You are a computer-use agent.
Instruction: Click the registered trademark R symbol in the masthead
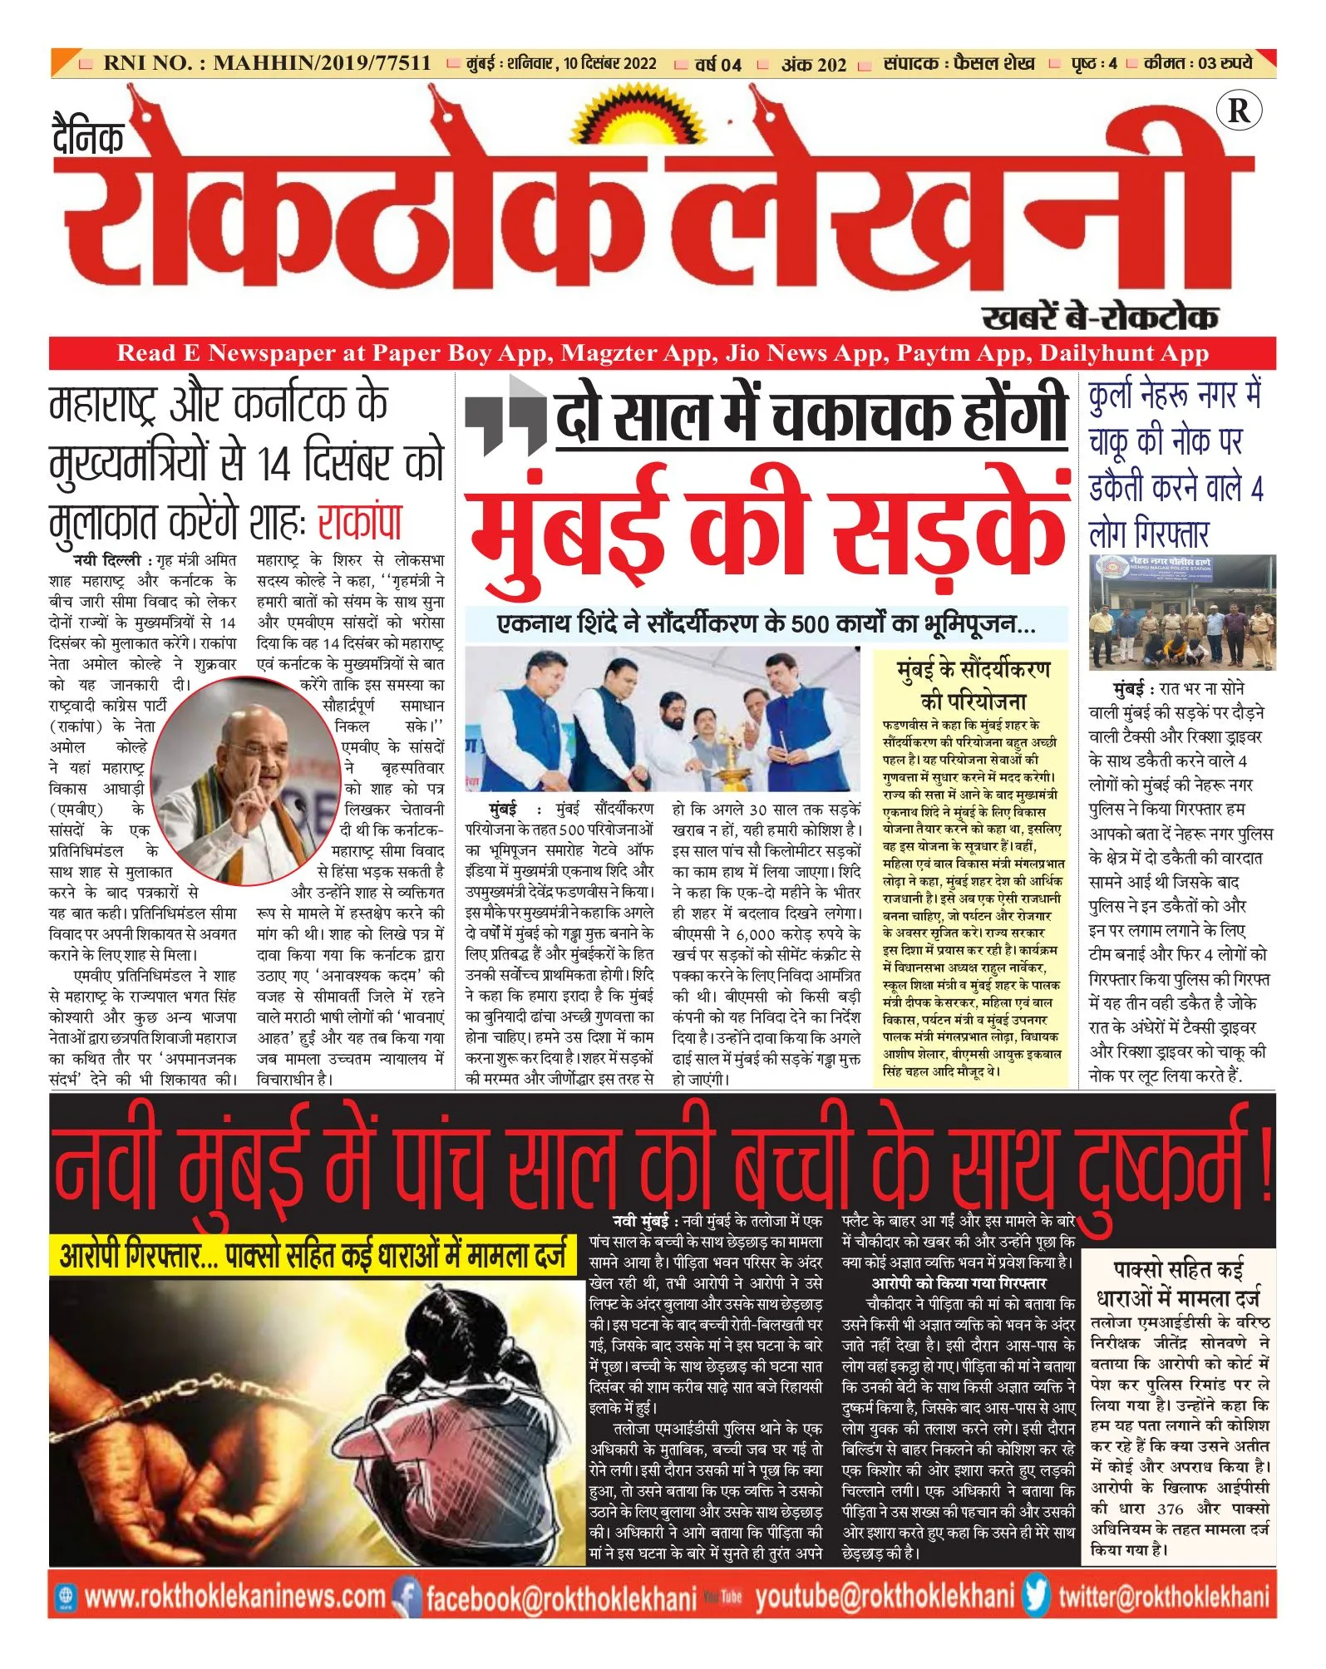click(x=1238, y=111)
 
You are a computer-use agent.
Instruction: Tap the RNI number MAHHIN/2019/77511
click(x=322, y=63)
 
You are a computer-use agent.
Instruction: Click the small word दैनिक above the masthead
click(x=88, y=137)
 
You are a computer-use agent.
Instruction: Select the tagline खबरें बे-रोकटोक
click(x=1099, y=317)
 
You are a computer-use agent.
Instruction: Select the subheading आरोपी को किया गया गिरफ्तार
click(x=959, y=1283)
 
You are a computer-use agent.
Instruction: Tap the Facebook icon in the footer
click(x=407, y=1597)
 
